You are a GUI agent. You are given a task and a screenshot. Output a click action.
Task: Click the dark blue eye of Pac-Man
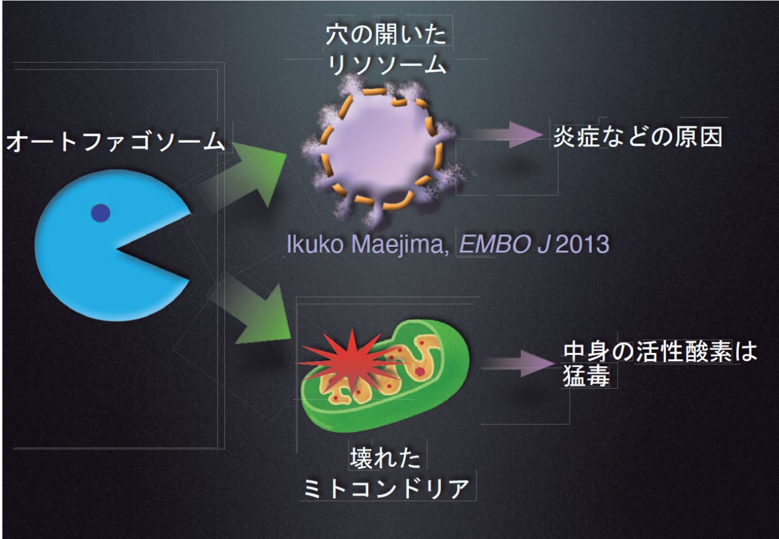click(x=101, y=214)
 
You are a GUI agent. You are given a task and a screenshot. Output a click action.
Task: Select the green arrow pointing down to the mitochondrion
click(x=251, y=313)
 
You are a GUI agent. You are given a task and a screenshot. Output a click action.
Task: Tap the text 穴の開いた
click(x=388, y=35)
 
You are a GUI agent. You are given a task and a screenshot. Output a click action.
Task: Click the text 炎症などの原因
click(x=637, y=138)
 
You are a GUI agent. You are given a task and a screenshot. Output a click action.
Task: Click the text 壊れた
click(x=384, y=459)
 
